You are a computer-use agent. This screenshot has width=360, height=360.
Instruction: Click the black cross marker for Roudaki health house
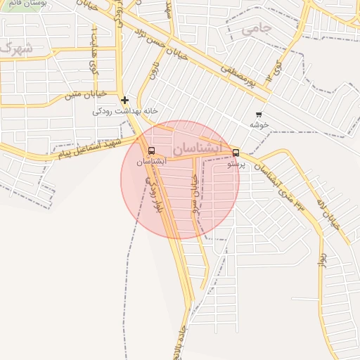pos(124,100)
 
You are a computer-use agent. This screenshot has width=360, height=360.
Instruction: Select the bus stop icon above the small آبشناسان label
pos(151,151)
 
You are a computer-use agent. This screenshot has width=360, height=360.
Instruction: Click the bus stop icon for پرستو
pos(236,152)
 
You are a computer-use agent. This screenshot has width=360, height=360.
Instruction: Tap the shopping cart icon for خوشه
pos(259,115)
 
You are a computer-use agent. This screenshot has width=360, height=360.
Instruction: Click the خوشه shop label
pos(259,124)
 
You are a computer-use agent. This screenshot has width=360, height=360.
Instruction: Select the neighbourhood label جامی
pos(256,29)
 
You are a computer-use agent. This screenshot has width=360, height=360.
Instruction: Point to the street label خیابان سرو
pos(195,194)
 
